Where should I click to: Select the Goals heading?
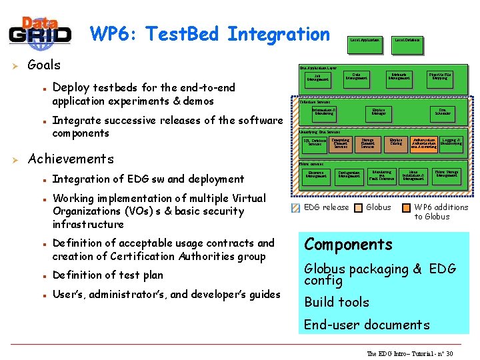[43, 65]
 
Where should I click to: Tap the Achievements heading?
[71, 159]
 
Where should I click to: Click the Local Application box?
[364, 41]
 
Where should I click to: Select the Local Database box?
[407, 41]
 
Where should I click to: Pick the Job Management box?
[317, 78]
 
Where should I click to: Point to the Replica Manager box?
[378, 113]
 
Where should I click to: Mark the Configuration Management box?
[349, 175]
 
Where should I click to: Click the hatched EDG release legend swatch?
[296, 207]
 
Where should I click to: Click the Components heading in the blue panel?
[348, 244]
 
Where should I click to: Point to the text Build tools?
[336, 302]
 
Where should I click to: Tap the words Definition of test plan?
[107, 275]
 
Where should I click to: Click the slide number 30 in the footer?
[449, 353]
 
